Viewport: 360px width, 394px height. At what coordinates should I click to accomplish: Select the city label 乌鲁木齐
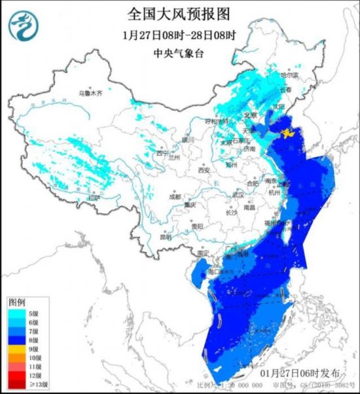tap(90, 94)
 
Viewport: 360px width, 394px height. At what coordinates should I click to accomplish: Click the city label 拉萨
tap(95, 197)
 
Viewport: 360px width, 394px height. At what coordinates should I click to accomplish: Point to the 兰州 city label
tap(174, 157)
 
